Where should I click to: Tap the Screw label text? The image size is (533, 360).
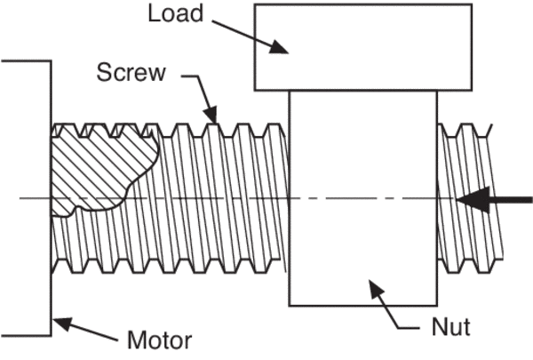[131, 72]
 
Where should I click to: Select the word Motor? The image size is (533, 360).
[157, 340]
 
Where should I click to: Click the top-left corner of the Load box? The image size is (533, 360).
[255, 4]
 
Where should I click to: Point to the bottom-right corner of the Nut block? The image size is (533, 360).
[437, 305]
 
